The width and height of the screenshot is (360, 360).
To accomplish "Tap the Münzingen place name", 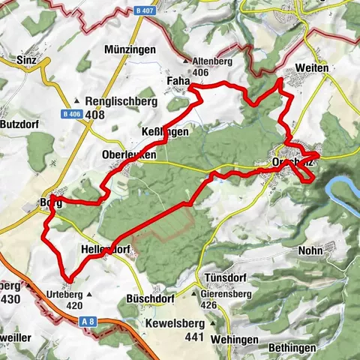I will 131,49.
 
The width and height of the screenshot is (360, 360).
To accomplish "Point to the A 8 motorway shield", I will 88,320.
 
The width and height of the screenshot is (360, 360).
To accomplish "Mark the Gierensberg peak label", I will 223,295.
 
